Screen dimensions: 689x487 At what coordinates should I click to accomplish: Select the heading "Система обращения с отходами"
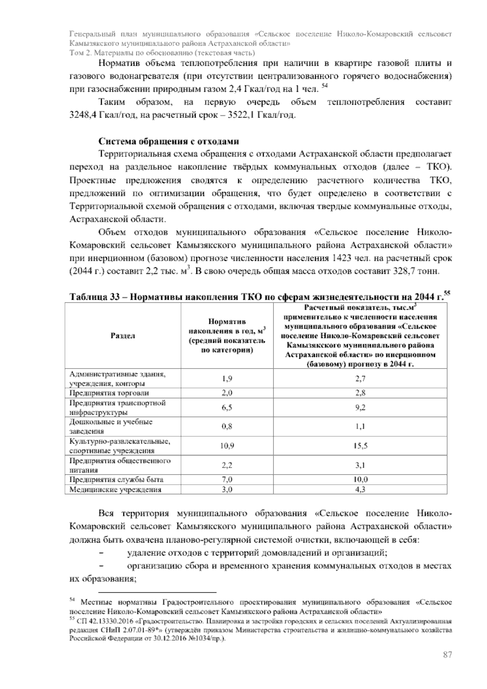(168, 141)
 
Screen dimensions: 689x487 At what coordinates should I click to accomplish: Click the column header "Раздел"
(123, 336)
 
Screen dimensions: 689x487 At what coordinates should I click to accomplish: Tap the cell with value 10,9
(227, 446)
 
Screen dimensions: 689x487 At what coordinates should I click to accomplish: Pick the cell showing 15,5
(360, 446)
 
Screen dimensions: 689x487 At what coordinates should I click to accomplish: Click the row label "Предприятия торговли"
(109, 393)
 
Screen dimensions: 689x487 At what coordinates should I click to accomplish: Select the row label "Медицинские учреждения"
(115, 490)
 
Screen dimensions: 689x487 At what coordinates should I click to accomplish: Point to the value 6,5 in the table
(227, 407)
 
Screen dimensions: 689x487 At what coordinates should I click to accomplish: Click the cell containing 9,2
(360, 407)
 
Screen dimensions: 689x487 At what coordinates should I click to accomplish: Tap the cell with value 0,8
(227, 427)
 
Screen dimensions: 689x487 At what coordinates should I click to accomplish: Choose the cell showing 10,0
(360, 479)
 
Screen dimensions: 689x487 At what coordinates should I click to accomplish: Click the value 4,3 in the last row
(360, 490)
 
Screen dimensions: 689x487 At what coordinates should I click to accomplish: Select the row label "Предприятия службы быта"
(116, 479)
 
